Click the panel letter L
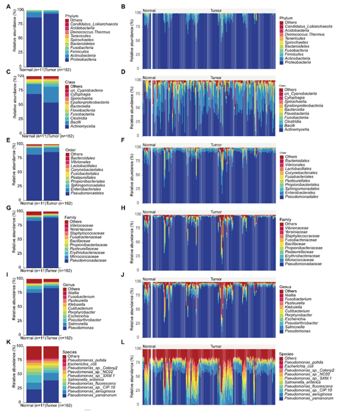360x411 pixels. click(124, 342)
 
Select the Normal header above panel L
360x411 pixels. click(149, 346)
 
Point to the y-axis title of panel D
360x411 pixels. click(132, 107)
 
